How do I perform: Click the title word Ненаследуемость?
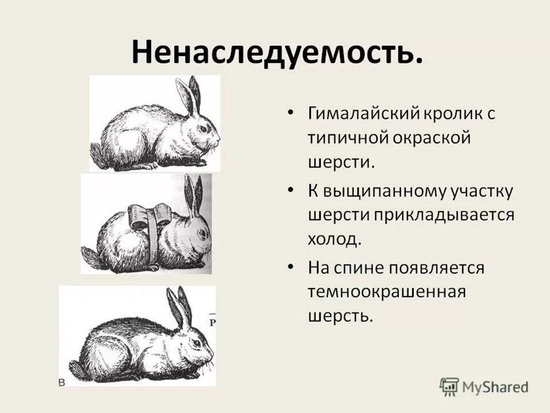click(277, 52)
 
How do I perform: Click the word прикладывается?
click(445, 215)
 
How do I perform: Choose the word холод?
click(335, 240)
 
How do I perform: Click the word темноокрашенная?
click(387, 291)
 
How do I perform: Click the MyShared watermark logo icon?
click(449, 385)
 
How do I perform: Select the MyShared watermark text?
click(496, 387)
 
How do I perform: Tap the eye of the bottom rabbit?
click(197, 342)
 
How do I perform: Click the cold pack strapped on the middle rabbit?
click(150, 216)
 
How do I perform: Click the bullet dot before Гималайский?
click(291, 113)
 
